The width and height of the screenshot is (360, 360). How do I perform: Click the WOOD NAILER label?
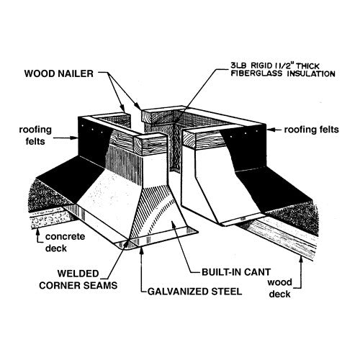[59, 73]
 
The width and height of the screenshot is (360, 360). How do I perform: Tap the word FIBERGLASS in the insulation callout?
[256, 73]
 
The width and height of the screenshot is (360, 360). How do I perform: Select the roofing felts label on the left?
[35, 135]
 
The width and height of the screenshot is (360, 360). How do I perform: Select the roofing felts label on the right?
[312, 130]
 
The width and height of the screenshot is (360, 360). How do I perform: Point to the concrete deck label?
[65, 242]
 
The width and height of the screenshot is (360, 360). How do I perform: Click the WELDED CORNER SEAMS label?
[78, 279]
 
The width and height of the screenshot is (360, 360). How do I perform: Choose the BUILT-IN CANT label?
[236, 272]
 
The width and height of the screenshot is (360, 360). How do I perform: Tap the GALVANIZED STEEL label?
[194, 292]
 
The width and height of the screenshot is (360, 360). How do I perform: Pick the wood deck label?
[279, 288]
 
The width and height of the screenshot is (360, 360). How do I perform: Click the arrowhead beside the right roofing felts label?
[270, 130]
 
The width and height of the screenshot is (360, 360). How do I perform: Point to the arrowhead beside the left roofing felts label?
[74, 138]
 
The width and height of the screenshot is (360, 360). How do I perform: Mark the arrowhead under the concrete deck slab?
[37, 232]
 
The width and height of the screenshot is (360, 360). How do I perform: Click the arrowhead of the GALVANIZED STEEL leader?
[142, 251]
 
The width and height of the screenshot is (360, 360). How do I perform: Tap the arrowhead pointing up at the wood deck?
[301, 259]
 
